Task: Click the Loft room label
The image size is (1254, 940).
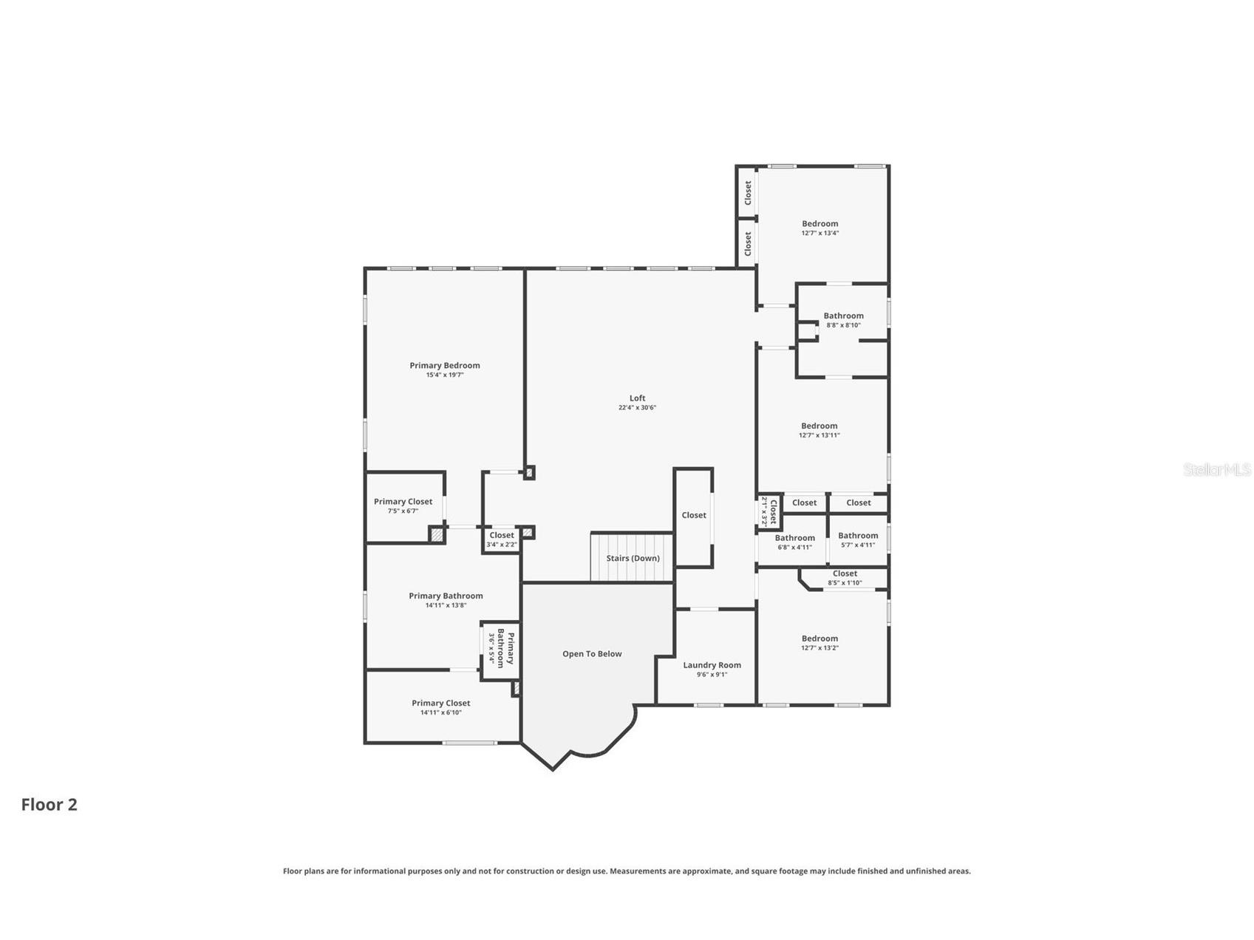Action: (x=637, y=398)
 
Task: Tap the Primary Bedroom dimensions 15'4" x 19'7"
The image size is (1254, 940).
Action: (x=445, y=375)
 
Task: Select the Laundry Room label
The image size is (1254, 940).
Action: (x=712, y=665)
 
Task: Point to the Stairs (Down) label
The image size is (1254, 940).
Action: (x=633, y=558)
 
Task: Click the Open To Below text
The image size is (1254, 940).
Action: (x=592, y=654)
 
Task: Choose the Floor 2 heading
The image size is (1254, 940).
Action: (x=49, y=804)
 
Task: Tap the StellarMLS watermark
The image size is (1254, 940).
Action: (x=1216, y=469)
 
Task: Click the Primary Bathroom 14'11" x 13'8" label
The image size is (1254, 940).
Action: (x=446, y=600)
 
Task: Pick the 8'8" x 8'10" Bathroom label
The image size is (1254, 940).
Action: (x=843, y=320)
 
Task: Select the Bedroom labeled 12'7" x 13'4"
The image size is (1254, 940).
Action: (x=820, y=228)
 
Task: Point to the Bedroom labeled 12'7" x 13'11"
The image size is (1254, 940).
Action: (x=819, y=430)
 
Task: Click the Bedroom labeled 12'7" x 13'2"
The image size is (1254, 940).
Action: (x=819, y=643)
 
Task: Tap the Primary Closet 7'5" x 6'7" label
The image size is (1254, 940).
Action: (x=403, y=505)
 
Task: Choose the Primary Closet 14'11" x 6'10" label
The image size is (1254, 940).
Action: (x=441, y=707)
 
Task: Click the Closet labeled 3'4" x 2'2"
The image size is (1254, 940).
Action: (x=502, y=539)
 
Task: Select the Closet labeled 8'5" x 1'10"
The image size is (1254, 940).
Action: (x=845, y=577)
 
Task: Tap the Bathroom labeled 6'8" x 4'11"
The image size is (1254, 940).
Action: (x=794, y=542)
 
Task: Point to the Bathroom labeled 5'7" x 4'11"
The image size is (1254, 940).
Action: (x=858, y=540)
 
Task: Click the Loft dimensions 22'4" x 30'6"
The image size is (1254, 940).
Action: (x=637, y=408)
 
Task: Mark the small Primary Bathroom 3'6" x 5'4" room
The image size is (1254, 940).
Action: (x=500, y=648)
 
